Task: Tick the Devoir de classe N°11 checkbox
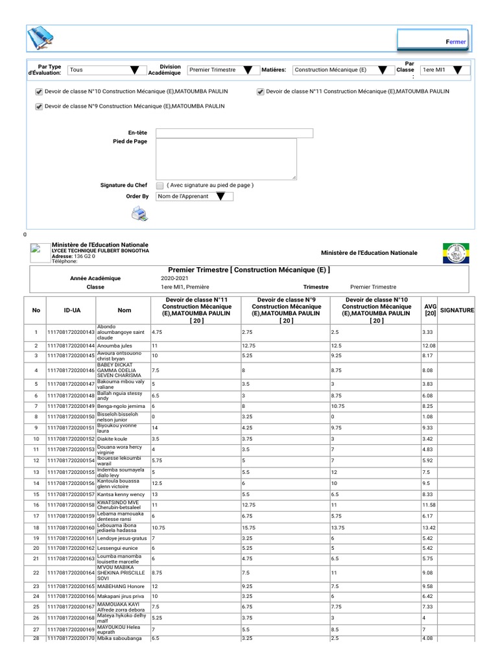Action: [261, 92]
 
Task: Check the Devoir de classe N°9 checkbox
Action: [39, 106]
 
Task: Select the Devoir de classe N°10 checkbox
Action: [39, 92]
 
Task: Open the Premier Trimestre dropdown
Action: [220, 70]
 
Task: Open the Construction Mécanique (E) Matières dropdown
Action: [340, 70]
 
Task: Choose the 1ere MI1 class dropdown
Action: [444, 70]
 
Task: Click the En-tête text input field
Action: [234, 133]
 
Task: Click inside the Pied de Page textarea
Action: [226, 159]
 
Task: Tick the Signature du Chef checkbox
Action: [160, 185]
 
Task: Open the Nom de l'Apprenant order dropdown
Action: [195, 196]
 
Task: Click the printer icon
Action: [139, 213]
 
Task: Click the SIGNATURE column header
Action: [457, 311]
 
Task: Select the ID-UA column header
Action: [72, 311]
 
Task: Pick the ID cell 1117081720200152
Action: [71, 439]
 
